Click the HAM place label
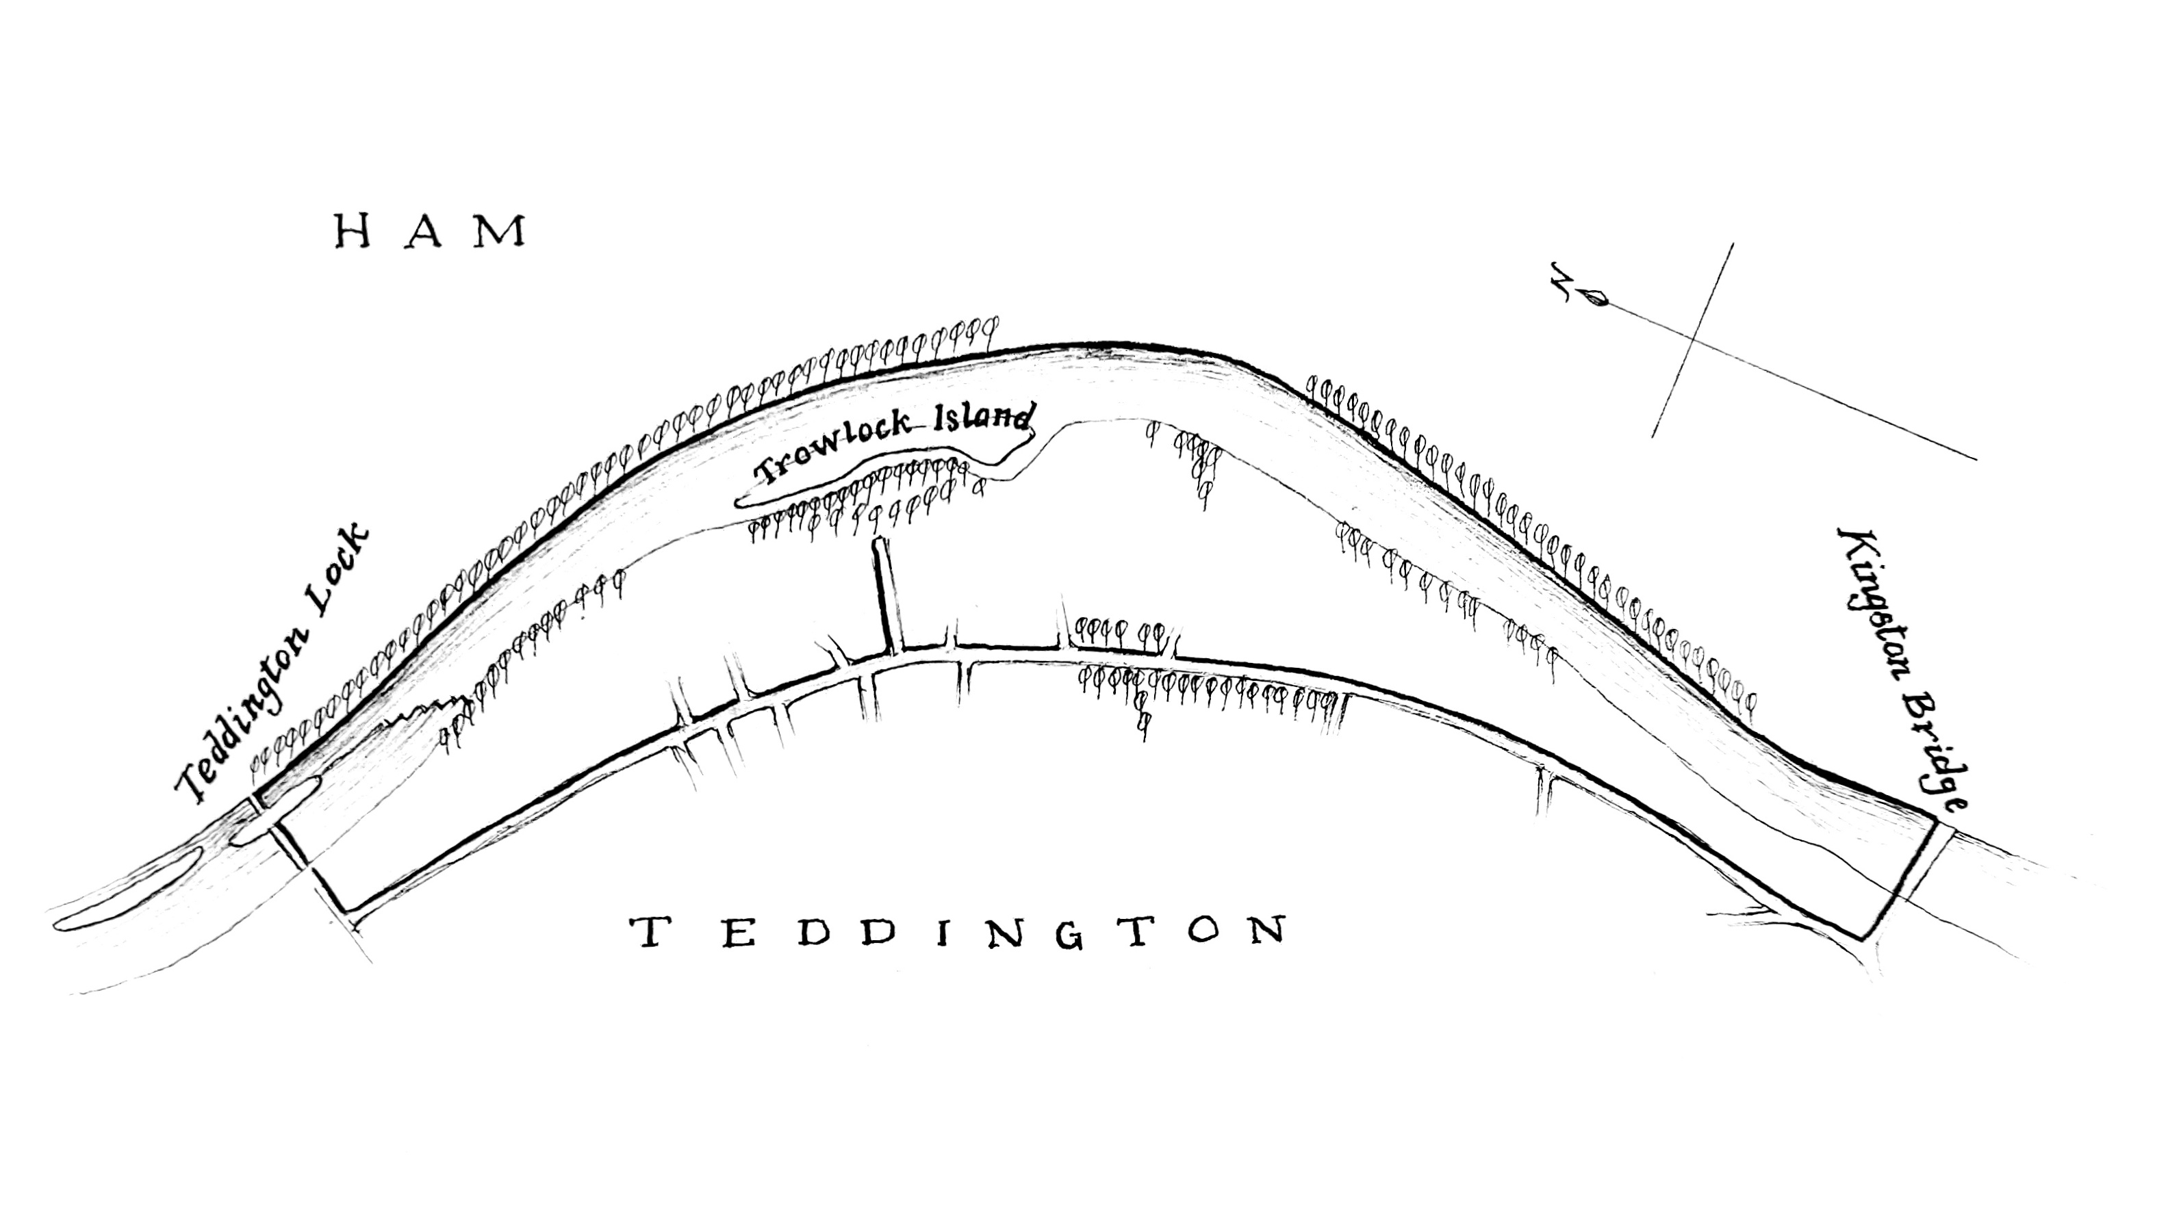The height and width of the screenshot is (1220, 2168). click(431, 231)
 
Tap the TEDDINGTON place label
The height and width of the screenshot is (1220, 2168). click(958, 931)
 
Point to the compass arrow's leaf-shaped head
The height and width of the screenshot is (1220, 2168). click(1596, 297)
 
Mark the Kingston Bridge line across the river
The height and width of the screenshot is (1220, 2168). click(1904, 879)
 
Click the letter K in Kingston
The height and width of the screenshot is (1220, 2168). click(1850, 546)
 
